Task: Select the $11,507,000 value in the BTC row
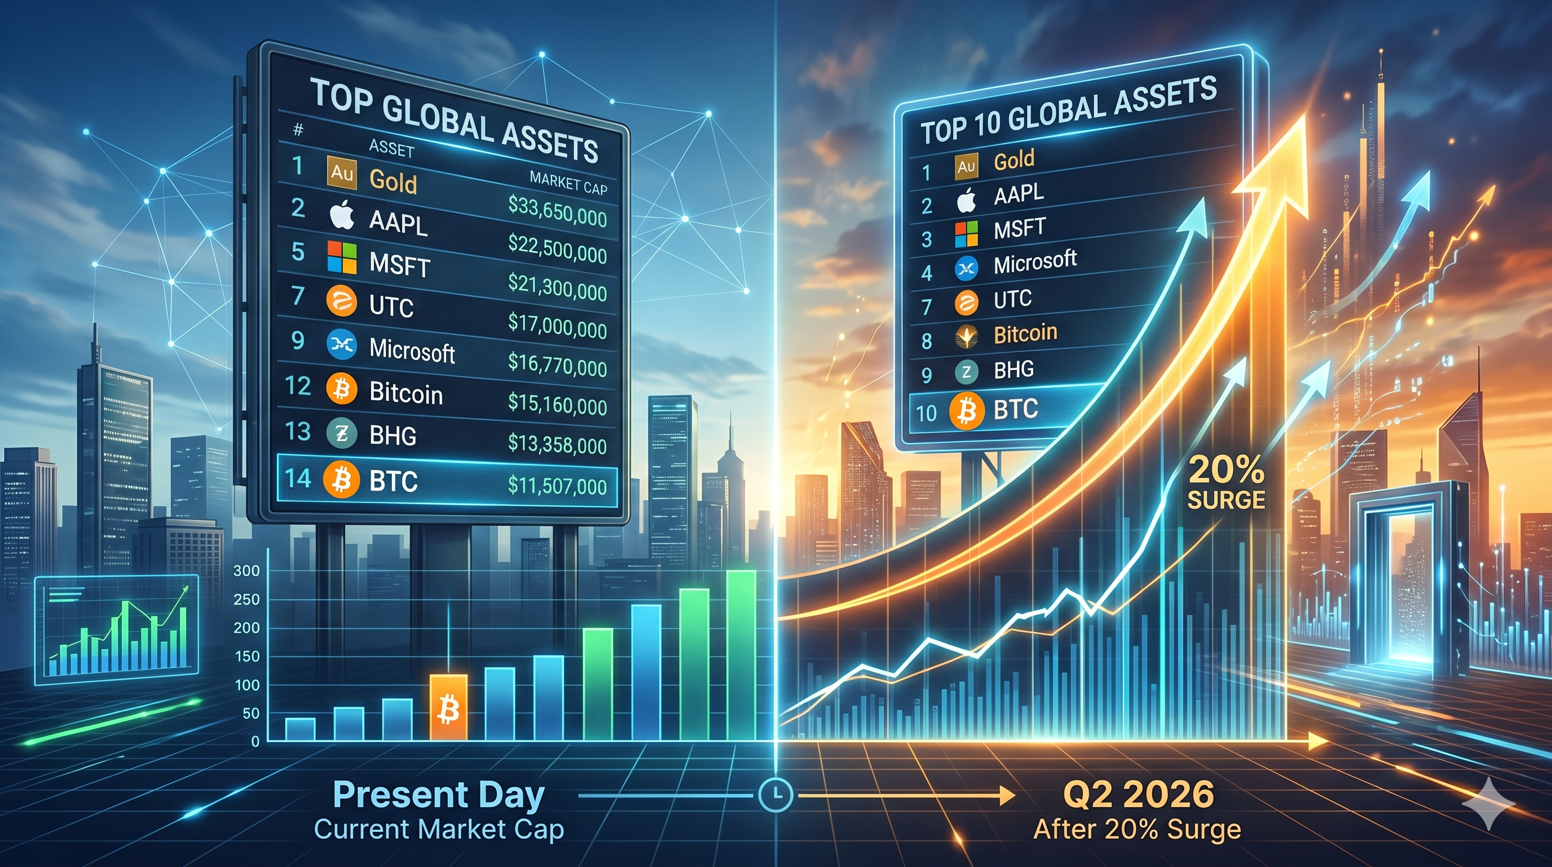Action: [x=557, y=485]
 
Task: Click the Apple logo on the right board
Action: [x=966, y=200]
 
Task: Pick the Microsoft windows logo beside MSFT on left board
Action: [x=342, y=257]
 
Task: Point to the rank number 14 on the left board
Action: [x=298, y=479]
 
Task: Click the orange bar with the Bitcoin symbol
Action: [x=448, y=707]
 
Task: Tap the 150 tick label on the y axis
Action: [x=246, y=656]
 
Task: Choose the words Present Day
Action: [x=438, y=795]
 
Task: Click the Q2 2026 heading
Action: [x=1138, y=794]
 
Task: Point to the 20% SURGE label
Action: [x=1226, y=483]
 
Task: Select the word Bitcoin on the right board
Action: [x=1025, y=334]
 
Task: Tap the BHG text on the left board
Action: [x=393, y=435]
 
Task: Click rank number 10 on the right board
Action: [x=926, y=414]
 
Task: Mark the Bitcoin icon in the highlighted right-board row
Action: [x=967, y=411]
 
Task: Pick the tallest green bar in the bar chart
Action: [x=741, y=655]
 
